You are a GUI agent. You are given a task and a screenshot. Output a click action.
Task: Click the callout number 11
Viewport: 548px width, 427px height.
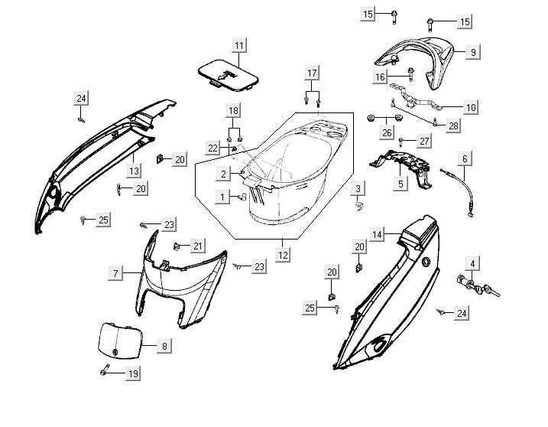pos(239,46)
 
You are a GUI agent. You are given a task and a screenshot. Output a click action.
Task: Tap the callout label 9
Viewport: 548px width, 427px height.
pos(473,52)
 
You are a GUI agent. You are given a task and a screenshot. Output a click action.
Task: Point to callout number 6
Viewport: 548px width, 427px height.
pos(464,158)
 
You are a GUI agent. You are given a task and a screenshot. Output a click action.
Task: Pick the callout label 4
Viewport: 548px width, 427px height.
pos(473,264)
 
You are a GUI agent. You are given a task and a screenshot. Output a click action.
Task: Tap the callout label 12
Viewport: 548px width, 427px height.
pos(284,254)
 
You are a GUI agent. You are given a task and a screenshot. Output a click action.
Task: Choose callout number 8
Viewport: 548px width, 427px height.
pos(164,347)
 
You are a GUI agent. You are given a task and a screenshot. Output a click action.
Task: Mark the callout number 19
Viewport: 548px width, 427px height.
pos(133,374)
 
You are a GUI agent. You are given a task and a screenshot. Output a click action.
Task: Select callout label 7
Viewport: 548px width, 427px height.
pos(115,273)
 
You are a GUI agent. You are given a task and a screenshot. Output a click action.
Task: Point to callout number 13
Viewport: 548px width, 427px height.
pos(133,171)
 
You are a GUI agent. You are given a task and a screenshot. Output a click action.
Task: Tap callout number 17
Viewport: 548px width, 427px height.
pos(311,73)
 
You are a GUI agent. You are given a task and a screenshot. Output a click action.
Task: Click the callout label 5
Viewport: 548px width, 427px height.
pos(400,184)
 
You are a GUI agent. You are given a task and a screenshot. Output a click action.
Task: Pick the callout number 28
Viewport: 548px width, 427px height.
pos(453,125)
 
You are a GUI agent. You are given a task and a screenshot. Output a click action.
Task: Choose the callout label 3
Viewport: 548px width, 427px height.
pos(358,187)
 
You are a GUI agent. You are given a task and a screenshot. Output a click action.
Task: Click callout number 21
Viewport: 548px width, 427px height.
pos(198,246)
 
